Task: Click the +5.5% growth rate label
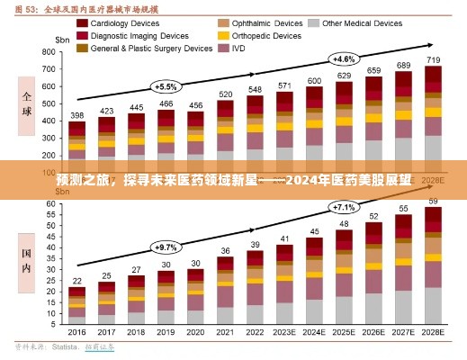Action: point(166,86)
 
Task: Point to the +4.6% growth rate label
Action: point(343,58)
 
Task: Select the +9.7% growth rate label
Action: point(166,246)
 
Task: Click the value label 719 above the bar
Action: point(433,59)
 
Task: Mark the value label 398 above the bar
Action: point(77,115)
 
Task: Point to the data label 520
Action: point(226,94)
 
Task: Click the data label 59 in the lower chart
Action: point(433,200)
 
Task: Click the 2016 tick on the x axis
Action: point(77,331)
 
